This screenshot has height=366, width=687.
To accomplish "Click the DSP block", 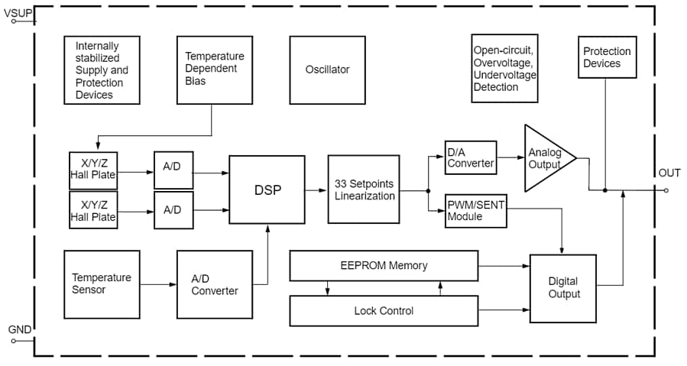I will [267, 189].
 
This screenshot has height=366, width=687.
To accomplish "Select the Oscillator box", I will [327, 70].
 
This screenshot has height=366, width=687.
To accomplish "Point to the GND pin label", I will [19, 329].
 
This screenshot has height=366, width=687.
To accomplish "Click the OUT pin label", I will [669, 173].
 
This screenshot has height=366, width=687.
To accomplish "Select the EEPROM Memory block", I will [384, 265].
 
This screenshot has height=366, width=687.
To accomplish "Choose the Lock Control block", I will [384, 310].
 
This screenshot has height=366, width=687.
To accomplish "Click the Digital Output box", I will [563, 288].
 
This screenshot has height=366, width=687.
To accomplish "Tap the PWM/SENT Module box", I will [475, 211].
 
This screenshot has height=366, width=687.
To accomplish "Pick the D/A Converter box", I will [471, 157].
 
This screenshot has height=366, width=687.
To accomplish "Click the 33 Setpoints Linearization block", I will [365, 189].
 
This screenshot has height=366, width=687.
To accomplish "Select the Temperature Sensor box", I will [102, 284].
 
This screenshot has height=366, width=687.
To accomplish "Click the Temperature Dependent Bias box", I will [214, 69].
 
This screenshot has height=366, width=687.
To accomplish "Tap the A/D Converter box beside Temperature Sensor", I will [214, 284].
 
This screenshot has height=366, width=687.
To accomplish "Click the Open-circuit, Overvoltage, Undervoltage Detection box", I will [505, 69].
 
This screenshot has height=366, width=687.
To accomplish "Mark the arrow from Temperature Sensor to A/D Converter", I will [158, 284].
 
